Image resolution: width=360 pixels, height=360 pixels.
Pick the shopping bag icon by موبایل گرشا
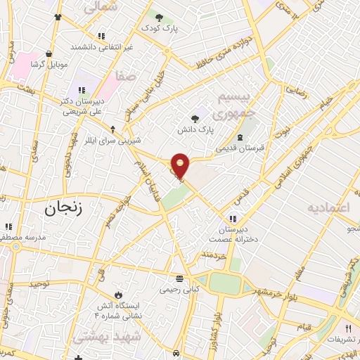[x=48, y=53]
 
